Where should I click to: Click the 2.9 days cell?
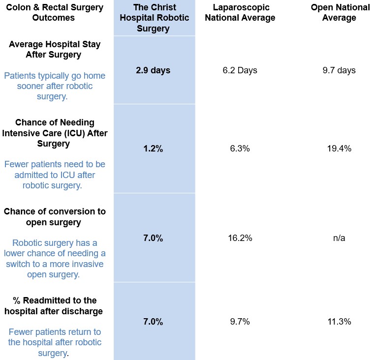click(x=153, y=70)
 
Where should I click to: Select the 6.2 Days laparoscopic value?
click(x=240, y=70)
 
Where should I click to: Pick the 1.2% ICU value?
click(x=153, y=149)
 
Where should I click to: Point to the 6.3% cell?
click(x=240, y=149)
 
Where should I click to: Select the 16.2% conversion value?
click(x=240, y=238)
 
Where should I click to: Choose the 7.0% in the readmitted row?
click(x=153, y=322)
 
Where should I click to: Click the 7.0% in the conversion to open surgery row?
click(x=153, y=238)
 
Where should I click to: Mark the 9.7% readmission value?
click(x=240, y=322)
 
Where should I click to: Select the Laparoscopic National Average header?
click(x=244, y=13)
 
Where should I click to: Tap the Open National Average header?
click(x=340, y=13)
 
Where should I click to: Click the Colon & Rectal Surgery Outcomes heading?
click(x=55, y=13)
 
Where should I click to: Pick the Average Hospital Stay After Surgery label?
click(x=55, y=49)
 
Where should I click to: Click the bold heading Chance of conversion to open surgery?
click(x=55, y=217)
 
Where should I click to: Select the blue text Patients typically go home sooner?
click(x=55, y=86)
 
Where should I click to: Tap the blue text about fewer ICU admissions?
click(x=55, y=175)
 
